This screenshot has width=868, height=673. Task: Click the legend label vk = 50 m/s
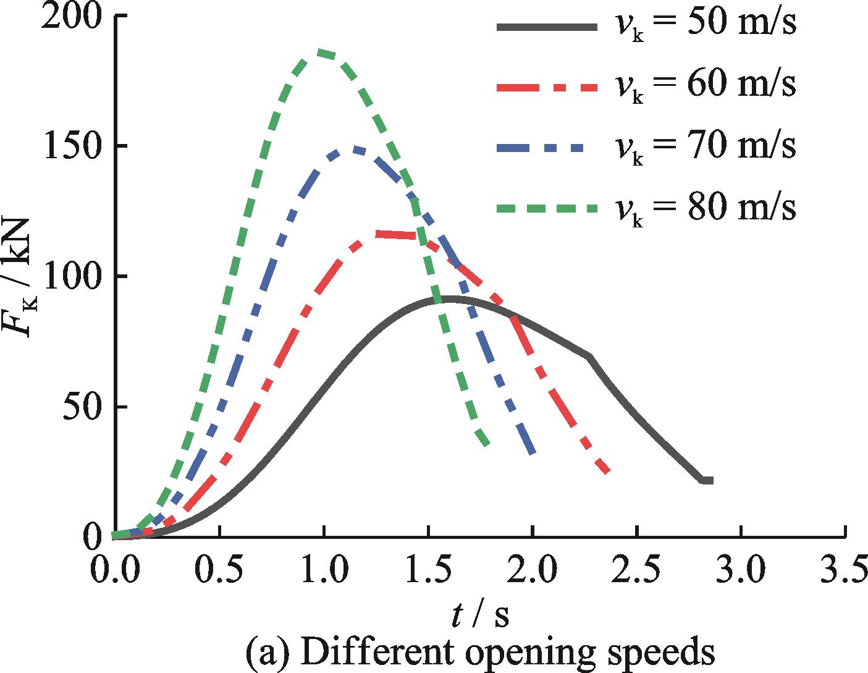coord(704,26)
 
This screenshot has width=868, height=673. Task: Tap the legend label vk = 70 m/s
coord(704,147)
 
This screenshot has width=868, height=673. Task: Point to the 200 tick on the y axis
coord(71,17)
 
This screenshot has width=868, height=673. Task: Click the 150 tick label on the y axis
coord(71,146)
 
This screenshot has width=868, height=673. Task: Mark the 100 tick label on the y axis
coord(71,276)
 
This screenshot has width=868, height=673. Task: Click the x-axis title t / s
coord(479,615)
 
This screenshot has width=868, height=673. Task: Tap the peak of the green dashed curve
coord(321,53)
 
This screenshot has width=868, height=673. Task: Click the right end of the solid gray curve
coord(710,480)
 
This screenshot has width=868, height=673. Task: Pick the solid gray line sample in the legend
coord(546,27)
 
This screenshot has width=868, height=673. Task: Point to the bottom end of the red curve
coord(608,472)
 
